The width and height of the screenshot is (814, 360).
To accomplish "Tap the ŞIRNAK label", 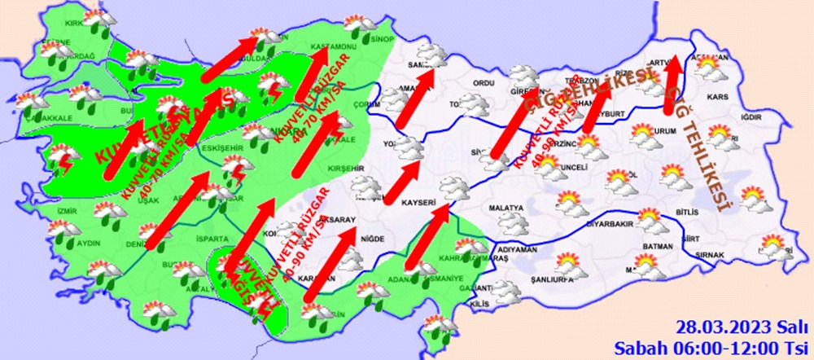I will click(x=716, y=255).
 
